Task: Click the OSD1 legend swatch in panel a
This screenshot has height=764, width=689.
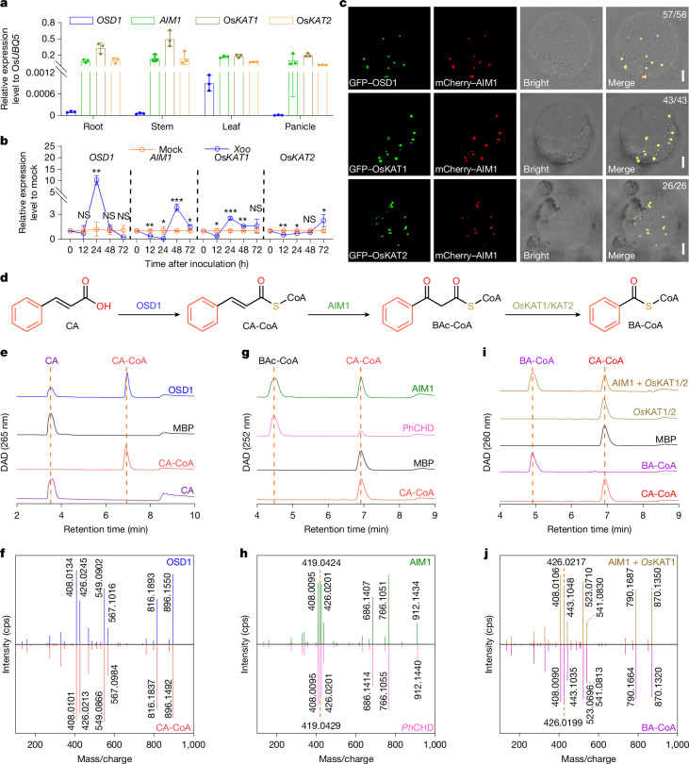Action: click(x=80, y=21)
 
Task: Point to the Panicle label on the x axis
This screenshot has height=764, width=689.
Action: click(x=300, y=126)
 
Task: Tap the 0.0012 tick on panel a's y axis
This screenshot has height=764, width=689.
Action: click(x=41, y=73)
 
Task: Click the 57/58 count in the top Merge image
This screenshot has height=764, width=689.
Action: click(x=674, y=14)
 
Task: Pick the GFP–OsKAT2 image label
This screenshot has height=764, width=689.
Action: click(x=378, y=256)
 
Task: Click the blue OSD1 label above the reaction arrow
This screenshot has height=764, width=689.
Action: click(x=149, y=306)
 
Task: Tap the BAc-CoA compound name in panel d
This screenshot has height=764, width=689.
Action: click(x=451, y=325)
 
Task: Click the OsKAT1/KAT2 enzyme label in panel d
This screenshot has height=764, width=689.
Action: click(x=543, y=306)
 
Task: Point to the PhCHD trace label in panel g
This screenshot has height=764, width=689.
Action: click(x=418, y=428)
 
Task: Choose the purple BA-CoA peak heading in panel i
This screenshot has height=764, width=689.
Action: click(x=536, y=361)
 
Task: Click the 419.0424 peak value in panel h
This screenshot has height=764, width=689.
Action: click(x=320, y=563)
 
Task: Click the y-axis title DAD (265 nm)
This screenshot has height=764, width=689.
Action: click(x=5, y=442)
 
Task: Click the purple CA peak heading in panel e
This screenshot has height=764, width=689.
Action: click(x=52, y=361)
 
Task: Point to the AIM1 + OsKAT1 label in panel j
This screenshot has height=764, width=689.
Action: click(x=641, y=562)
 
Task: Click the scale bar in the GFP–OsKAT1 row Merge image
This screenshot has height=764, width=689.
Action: click(x=682, y=162)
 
